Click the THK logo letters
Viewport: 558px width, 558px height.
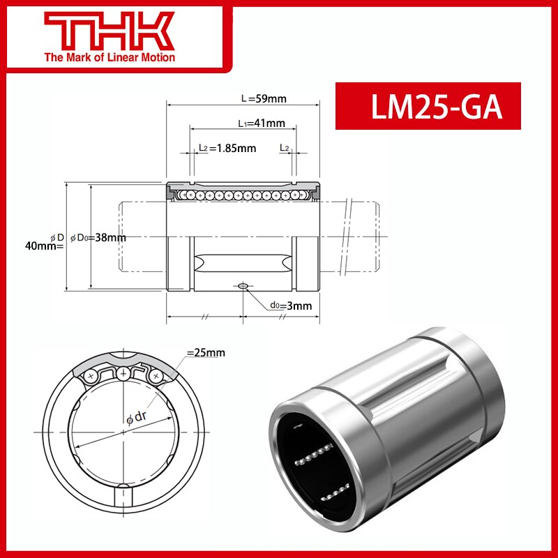click(110, 30)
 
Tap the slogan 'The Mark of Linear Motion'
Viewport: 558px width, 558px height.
click(110, 57)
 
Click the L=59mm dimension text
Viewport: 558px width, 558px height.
click(264, 99)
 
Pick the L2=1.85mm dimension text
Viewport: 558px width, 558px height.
click(227, 148)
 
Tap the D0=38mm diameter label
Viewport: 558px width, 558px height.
click(98, 237)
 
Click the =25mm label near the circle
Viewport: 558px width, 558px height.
click(206, 353)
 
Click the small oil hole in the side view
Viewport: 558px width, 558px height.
click(243, 285)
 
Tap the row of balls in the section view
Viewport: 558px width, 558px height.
click(242, 195)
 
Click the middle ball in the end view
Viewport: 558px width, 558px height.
click(123, 373)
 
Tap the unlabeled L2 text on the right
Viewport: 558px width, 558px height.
click(285, 148)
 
